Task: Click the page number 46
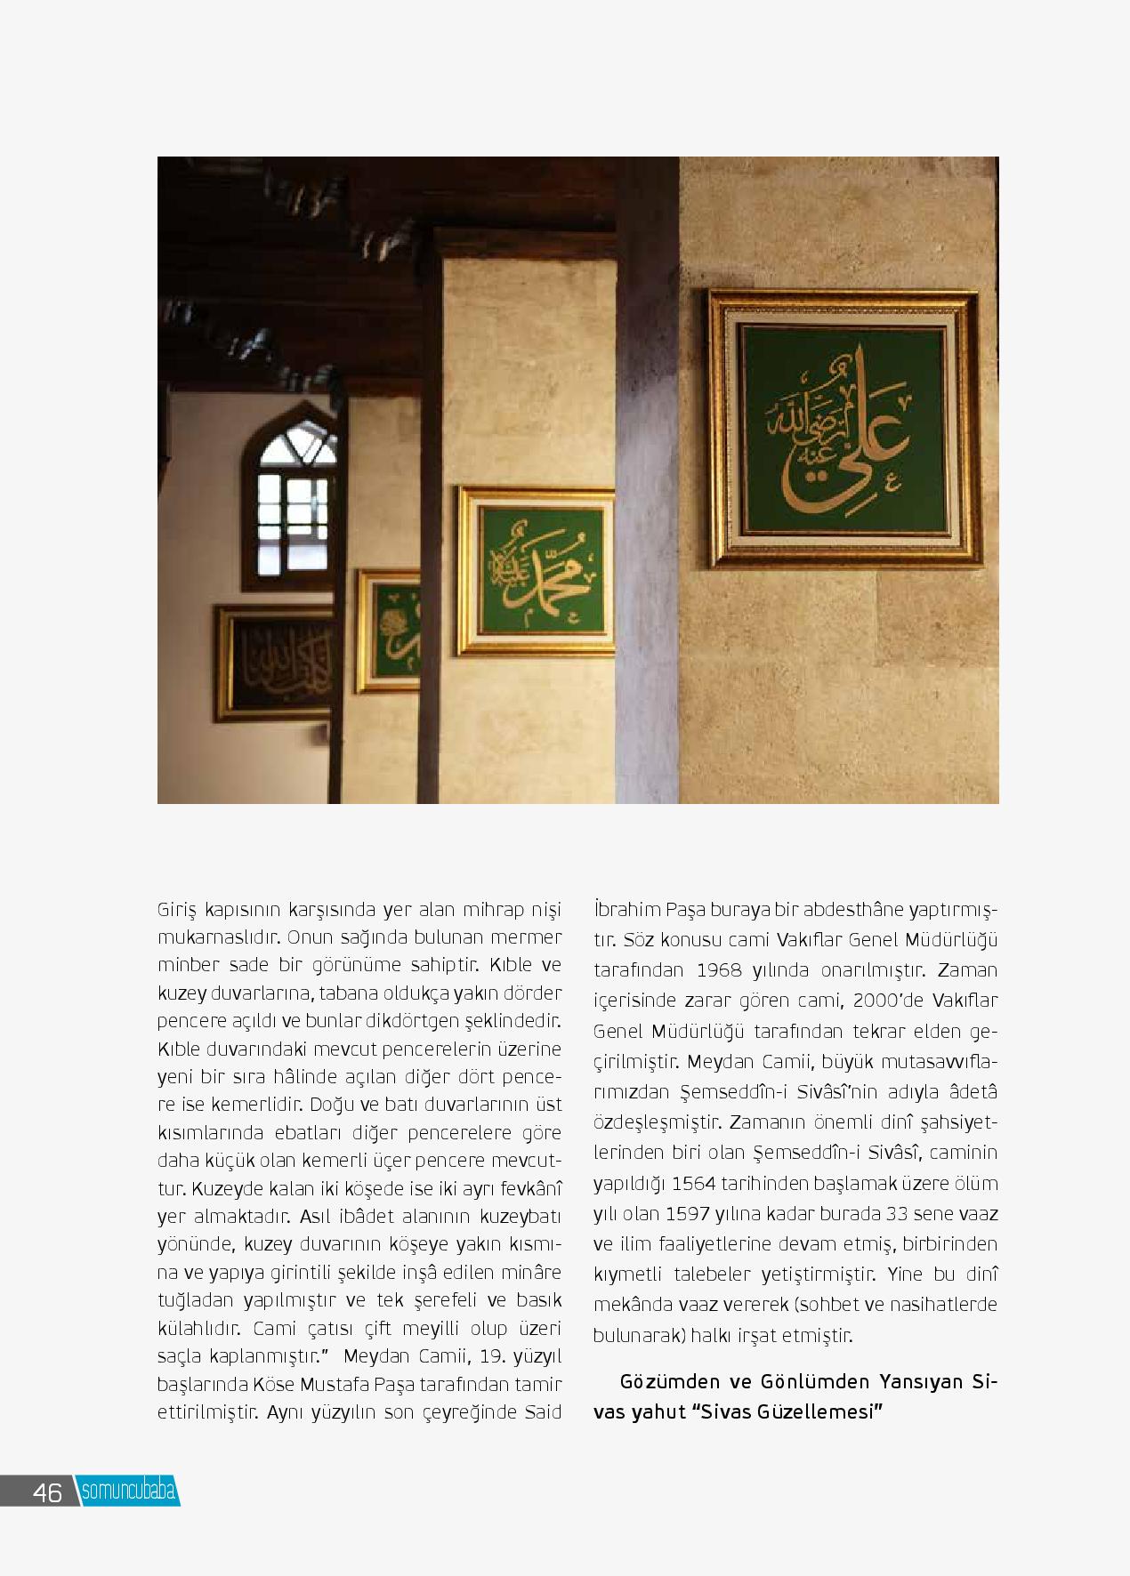click(x=47, y=1492)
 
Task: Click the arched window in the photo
click(x=294, y=498)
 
